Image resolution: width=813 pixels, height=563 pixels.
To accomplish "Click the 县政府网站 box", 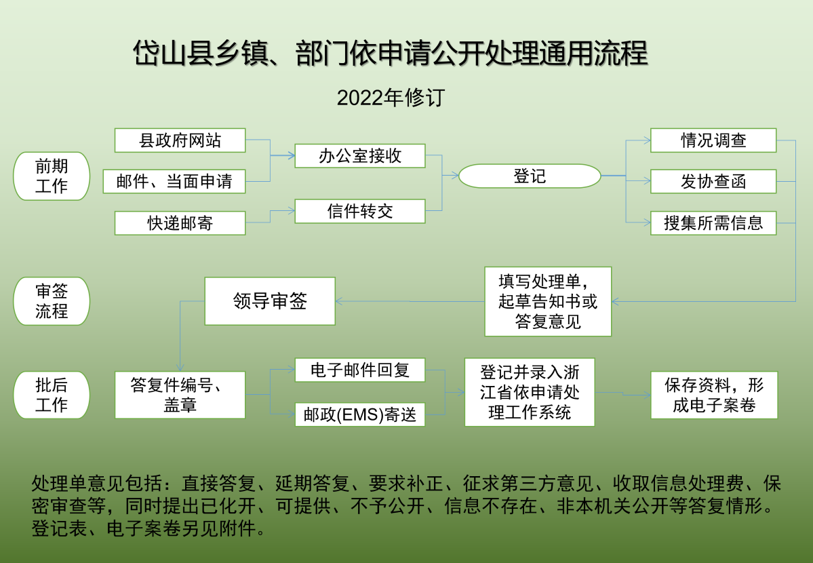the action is [x=180, y=140].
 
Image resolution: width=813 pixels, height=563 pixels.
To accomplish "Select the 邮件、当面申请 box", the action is [x=174, y=181].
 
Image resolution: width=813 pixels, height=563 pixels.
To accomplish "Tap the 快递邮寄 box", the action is [x=180, y=223].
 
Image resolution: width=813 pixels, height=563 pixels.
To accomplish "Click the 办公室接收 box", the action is [x=360, y=155].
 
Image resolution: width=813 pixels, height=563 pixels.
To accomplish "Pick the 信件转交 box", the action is [x=360, y=211].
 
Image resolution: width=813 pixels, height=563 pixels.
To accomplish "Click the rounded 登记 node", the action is [x=530, y=176].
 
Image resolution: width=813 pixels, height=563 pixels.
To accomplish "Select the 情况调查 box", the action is [x=713, y=140].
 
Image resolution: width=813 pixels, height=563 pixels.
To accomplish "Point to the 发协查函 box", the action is [x=713, y=181].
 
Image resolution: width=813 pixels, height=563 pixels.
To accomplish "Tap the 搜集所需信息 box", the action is [x=713, y=223].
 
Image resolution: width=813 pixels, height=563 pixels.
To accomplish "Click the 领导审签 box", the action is [x=270, y=301].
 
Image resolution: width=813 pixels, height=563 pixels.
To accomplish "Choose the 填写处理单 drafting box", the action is [x=548, y=301].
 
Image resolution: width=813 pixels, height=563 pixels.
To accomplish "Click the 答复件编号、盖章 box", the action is [x=180, y=395].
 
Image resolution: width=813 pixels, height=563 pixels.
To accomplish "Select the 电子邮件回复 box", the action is [x=360, y=370].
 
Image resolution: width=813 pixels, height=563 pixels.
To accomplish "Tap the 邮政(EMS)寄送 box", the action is [x=360, y=414].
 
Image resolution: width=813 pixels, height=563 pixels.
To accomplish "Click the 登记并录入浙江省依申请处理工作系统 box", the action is [x=530, y=392].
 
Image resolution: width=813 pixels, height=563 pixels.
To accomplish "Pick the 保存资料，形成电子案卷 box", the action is [x=714, y=395].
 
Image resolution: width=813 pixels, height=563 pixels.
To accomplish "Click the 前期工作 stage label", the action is [x=52, y=176].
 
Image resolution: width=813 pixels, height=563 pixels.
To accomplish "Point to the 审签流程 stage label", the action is [x=52, y=301].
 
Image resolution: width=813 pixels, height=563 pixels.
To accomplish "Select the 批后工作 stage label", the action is [x=52, y=395].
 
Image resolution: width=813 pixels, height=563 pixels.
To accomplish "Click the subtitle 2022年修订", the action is [x=391, y=98].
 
